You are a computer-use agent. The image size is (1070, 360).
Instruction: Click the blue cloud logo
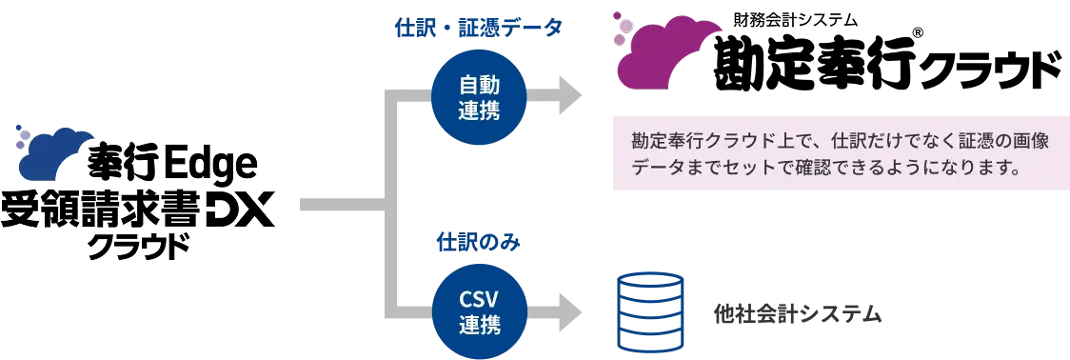click(58, 153)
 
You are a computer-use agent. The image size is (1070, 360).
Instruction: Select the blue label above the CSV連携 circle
click(468, 240)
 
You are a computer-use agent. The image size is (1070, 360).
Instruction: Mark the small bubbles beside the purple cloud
click(620, 30)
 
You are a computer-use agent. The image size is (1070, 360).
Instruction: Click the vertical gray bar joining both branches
click(389, 205)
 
